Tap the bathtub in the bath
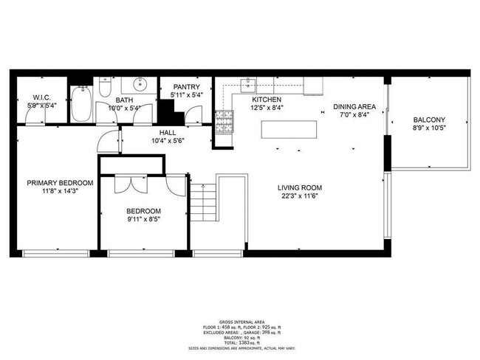pyautogui.click(x=82, y=105)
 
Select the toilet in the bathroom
pyautogui.click(x=105, y=88)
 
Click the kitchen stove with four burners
pyautogui.click(x=221, y=122)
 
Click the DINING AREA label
pyautogui.click(x=357, y=106)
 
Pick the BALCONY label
pyautogui.click(x=428, y=120)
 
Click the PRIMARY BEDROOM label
pyautogui.click(x=60, y=183)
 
